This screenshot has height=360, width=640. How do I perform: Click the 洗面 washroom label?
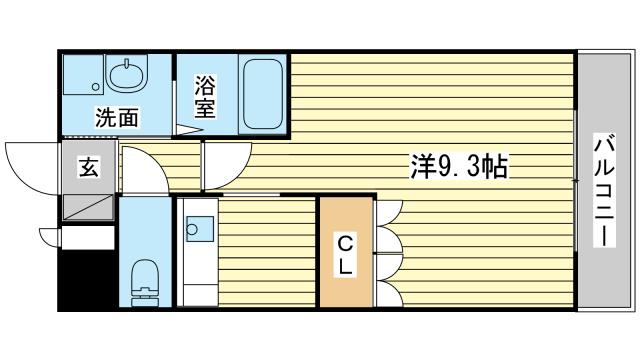click(117, 116)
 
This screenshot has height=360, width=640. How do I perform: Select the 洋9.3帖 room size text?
click(459, 167)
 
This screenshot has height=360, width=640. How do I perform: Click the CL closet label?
click(343, 255)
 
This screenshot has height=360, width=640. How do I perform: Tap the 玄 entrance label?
click(89, 168)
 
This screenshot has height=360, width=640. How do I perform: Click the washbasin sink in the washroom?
click(127, 75)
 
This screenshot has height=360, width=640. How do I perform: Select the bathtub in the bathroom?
click(262, 93)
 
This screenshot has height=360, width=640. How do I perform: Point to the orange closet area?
click(345, 255)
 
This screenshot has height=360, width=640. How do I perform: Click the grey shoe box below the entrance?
click(88, 209)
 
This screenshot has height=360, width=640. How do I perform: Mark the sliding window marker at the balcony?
click(576, 180)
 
